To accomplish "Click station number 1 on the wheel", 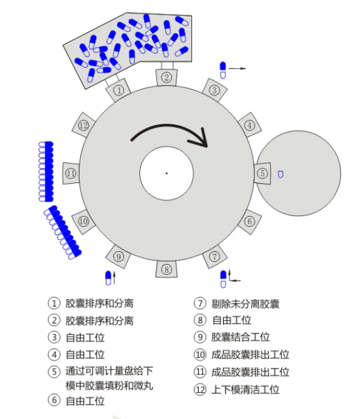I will (119, 91).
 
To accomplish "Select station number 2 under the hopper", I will (166, 78).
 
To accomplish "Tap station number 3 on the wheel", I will (215, 91).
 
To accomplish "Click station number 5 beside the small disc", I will (262, 173).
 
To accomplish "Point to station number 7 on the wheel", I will (215, 256).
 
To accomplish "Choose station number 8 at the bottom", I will (166, 269).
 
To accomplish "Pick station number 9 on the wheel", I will (118, 256).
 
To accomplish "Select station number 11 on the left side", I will (71, 173).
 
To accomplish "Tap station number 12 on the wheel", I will (83, 125).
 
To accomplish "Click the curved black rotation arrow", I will (171, 133).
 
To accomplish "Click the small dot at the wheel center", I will (166, 173).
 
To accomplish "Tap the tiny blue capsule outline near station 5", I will (280, 173).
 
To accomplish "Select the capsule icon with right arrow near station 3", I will (224, 70).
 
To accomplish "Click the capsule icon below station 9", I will (109, 277).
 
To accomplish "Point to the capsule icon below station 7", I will (224, 276).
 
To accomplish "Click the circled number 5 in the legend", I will (54, 371).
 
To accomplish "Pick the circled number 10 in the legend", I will (200, 355).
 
